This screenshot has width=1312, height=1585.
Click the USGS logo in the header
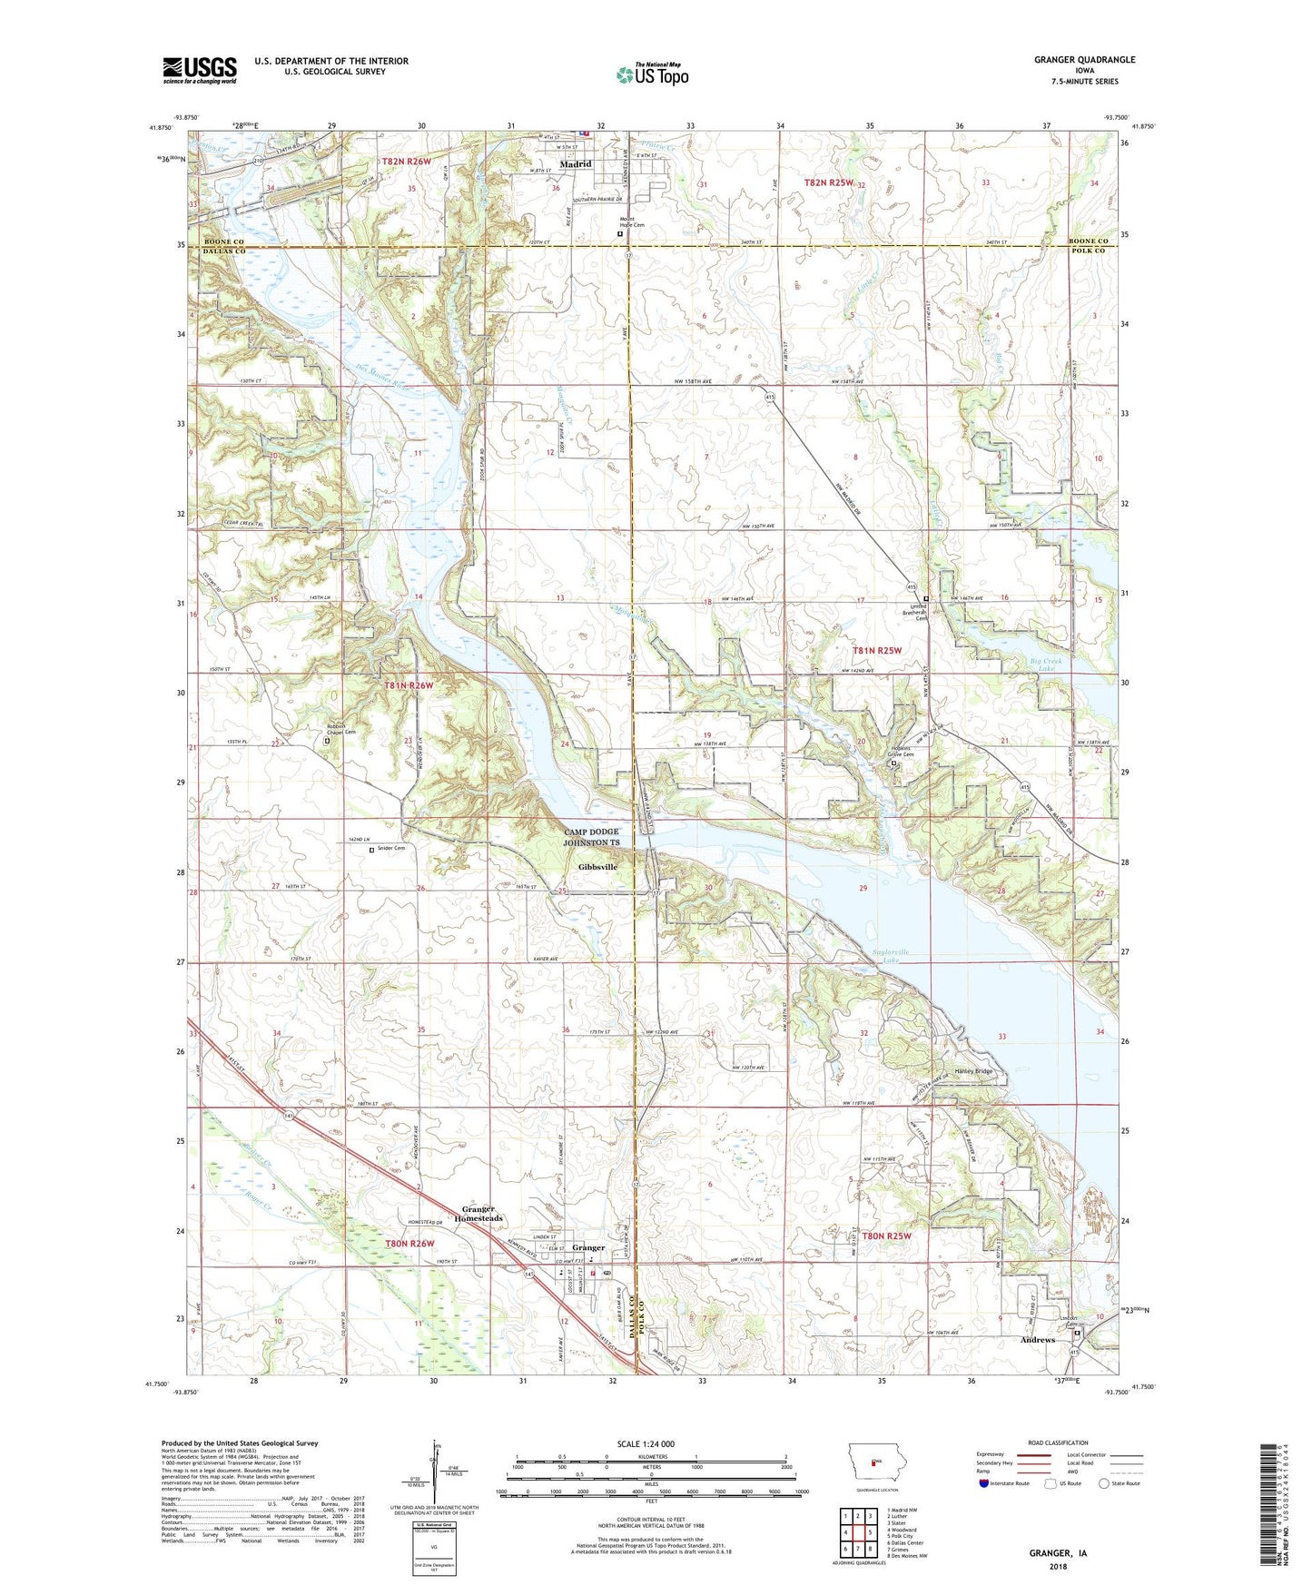(x=200, y=70)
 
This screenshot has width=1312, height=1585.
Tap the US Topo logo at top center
(x=652, y=74)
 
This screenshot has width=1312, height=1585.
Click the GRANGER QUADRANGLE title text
(x=1084, y=60)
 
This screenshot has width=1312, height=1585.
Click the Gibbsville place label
(x=597, y=867)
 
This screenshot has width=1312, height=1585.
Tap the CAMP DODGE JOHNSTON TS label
(x=591, y=837)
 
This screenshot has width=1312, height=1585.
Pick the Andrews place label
(x=1038, y=1340)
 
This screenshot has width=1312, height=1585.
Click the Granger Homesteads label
(x=482, y=1214)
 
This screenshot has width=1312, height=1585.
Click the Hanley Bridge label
(x=973, y=1071)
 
